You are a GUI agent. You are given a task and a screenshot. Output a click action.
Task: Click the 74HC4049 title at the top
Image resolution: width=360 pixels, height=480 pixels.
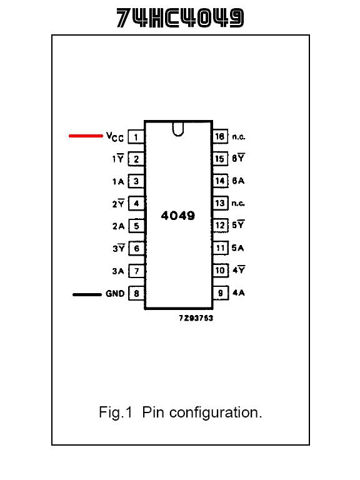click(180, 17)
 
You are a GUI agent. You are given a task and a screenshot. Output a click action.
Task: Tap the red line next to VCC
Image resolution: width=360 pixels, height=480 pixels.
click(86, 136)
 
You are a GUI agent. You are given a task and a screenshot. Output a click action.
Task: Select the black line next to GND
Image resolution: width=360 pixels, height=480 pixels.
click(87, 294)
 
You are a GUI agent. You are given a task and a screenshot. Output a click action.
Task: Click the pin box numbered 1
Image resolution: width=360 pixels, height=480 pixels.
click(136, 137)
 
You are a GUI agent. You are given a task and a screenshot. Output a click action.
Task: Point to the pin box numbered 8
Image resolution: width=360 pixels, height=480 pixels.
click(136, 293)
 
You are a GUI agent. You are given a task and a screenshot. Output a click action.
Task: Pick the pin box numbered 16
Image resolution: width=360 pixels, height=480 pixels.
click(221, 136)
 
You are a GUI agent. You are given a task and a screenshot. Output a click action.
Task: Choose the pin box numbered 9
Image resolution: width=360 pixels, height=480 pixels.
click(221, 293)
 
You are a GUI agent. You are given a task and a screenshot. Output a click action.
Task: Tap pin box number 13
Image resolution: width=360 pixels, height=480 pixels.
click(221, 203)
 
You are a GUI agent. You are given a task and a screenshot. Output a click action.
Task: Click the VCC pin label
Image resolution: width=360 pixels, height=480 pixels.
click(115, 137)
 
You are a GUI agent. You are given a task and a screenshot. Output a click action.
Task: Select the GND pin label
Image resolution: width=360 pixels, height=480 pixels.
click(115, 294)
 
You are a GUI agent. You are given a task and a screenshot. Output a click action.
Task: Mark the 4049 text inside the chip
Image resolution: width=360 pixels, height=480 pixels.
click(178, 216)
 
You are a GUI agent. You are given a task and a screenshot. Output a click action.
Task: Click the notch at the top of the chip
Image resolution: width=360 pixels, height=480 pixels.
click(178, 129)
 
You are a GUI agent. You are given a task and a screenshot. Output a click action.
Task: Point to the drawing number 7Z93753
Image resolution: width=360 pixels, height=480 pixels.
click(196, 318)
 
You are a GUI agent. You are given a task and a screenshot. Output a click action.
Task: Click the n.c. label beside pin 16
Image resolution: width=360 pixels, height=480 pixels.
click(239, 136)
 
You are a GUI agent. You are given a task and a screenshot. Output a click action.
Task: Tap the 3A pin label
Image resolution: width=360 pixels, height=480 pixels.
click(118, 271)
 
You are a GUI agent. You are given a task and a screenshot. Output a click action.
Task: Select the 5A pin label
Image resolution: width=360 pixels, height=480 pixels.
click(238, 247)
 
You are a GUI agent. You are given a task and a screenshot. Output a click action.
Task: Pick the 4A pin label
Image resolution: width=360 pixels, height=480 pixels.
click(239, 292)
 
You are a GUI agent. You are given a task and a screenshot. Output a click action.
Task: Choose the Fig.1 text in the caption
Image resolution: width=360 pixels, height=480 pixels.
click(116, 412)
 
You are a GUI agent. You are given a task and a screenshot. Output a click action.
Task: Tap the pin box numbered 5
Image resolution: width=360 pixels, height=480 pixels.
click(136, 226)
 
